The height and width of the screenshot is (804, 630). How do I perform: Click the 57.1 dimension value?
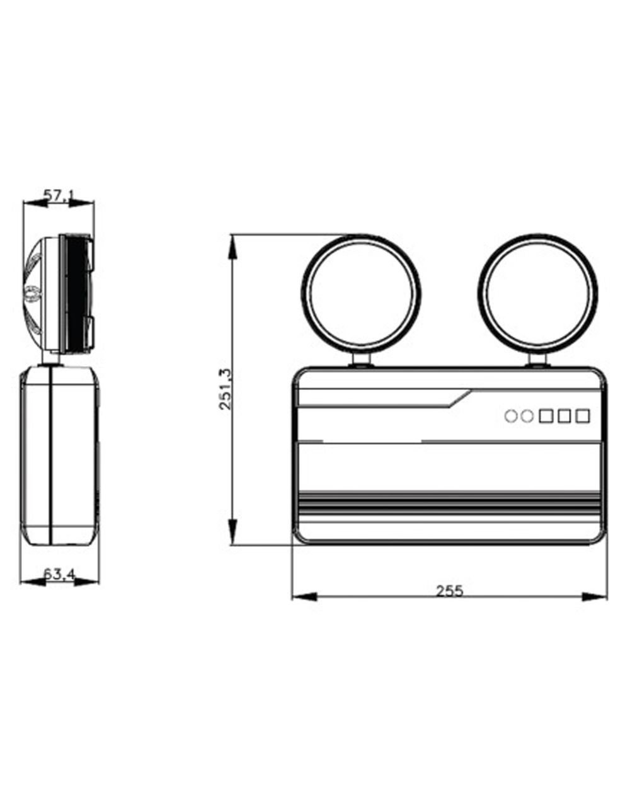[59, 195]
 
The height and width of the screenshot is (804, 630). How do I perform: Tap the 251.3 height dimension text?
[224, 389]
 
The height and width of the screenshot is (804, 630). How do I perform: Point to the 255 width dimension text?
[449, 591]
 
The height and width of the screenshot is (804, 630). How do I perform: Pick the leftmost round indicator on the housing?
[511, 416]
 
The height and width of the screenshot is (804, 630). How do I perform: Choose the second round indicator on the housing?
[527, 416]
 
